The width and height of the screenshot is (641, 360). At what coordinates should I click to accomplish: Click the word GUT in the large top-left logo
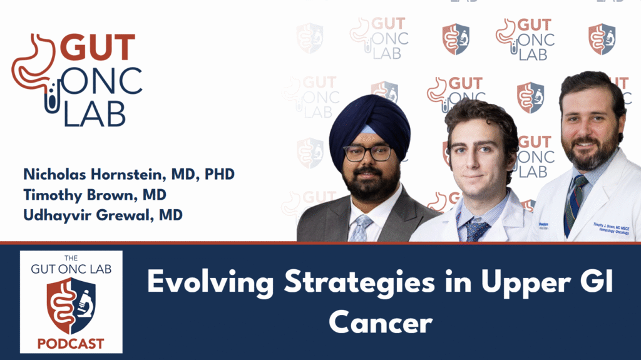pyautogui.click(x=100, y=49)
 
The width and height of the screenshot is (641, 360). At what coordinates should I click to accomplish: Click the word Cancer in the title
pyautogui.click(x=381, y=323)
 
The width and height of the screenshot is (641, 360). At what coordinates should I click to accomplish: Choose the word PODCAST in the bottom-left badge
pyautogui.click(x=71, y=344)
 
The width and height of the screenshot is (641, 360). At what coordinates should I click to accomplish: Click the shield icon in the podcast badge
pyautogui.click(x=71, y=306)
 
